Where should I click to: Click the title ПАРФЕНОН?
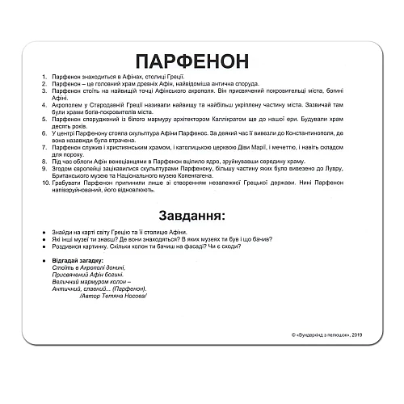point(201,62)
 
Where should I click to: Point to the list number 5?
point(42,118)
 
